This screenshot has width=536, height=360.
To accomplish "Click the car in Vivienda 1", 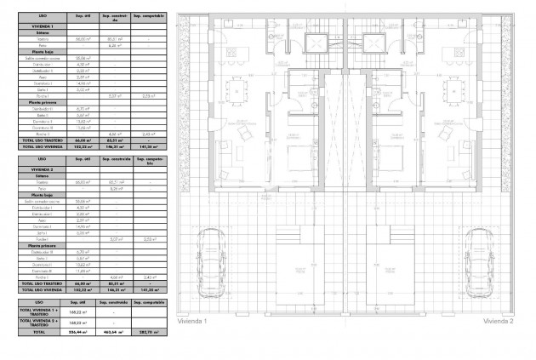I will [208, 256].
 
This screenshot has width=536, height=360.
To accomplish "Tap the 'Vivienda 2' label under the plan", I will [499, 323].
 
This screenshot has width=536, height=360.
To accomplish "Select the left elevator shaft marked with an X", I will [316, 43].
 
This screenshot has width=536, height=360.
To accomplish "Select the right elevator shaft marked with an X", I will [373, 43].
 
